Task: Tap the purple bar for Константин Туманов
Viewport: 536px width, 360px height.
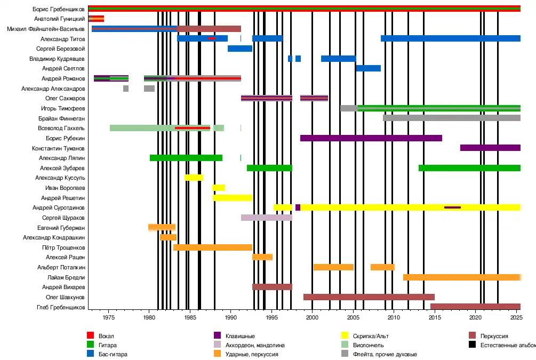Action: (x=490, y=148)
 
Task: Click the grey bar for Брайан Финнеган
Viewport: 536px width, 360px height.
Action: (x=451, y=118)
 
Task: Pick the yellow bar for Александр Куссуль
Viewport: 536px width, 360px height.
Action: (x=194, y=178)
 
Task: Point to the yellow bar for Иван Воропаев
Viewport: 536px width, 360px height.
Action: (x=219, y=188)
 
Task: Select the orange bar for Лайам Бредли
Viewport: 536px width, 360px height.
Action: (x=461, y=277)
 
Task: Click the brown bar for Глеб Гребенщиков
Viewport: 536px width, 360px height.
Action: (x=475, y=307)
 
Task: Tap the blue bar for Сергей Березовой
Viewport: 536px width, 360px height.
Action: (x=240, y=49)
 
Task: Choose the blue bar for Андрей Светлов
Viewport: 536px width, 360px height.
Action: (x=368, y=68)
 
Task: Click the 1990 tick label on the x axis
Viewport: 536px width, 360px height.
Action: (x=230, y=317)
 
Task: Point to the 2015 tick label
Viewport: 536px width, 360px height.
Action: (x=435, y=317)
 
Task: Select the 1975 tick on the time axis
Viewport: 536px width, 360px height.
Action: (x=108, y=317)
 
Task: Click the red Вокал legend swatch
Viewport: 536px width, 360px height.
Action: (x=90, y=336)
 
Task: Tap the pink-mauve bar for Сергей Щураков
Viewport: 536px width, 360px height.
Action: (x=266, y=218)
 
